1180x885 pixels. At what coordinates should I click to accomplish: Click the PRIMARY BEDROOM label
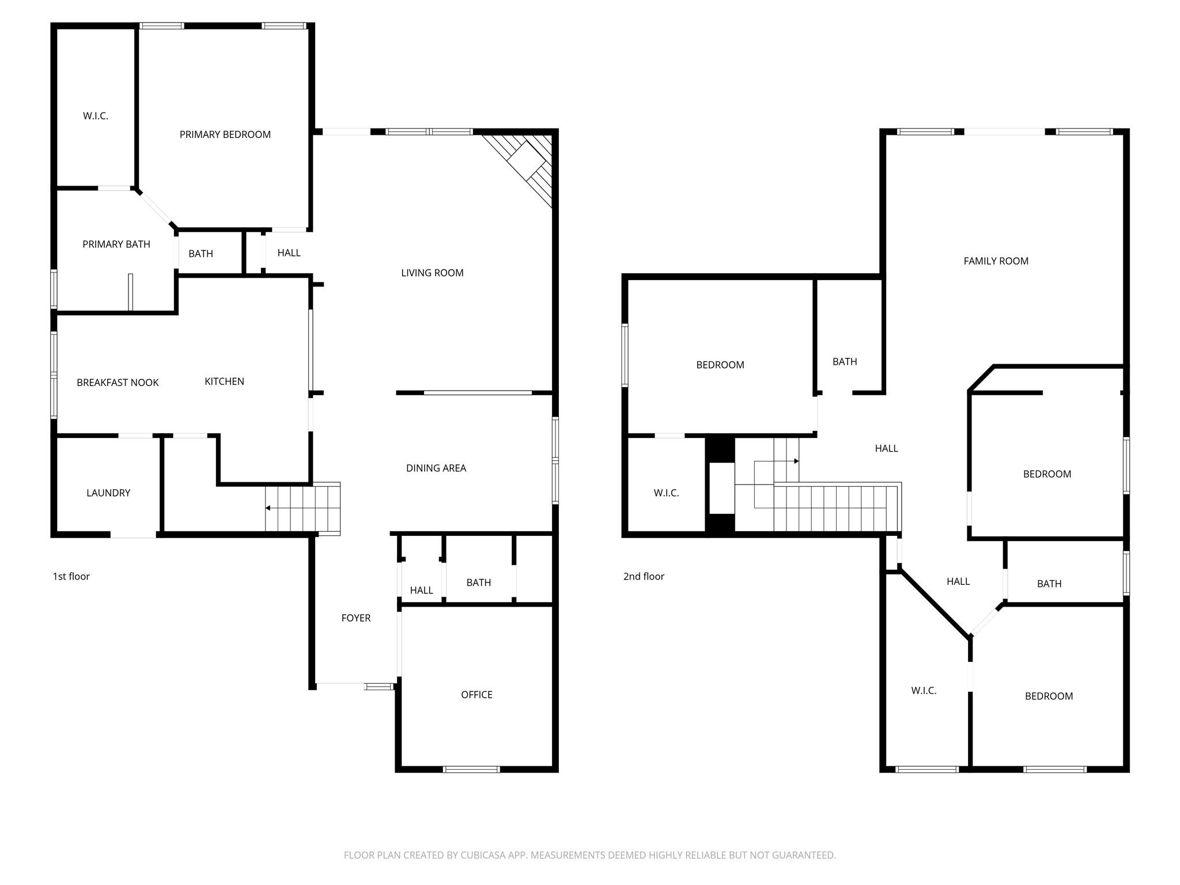(225, 134)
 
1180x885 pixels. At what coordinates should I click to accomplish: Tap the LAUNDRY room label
(108, 493)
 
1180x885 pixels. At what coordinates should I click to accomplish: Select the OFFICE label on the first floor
(476, 695)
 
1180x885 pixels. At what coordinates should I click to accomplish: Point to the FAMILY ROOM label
(996, 261)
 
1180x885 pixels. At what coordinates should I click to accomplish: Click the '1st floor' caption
(71, 576)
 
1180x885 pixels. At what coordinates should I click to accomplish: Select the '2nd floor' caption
(644, 576)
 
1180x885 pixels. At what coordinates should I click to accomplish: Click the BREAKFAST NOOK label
(118, 383)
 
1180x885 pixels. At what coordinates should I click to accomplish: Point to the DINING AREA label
(436, 468)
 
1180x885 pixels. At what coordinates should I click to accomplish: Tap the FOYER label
(355, 618)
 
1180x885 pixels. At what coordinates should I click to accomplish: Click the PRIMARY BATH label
(116, 244)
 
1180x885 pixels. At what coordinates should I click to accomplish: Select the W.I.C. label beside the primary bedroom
(95, 116)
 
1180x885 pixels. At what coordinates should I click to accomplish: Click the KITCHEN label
(224, 381)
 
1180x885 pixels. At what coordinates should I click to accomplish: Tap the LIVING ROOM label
(432, 273)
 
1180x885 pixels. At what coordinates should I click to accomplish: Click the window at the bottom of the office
(471, 769)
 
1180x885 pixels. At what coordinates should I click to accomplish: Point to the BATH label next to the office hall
(478, 583)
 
